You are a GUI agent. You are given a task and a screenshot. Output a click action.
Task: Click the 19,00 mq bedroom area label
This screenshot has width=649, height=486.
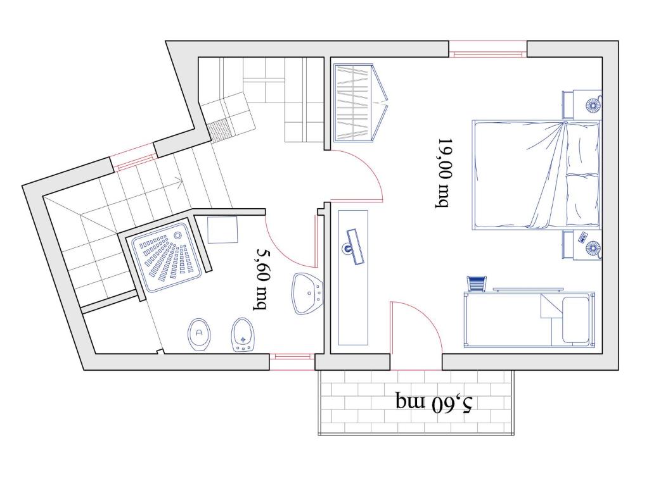(x=443, y=173)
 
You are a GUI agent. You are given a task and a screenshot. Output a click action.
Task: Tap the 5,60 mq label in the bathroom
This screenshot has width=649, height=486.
(x=261, y=279)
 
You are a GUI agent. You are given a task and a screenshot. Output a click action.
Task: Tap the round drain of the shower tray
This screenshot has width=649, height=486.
(x=178, y=235)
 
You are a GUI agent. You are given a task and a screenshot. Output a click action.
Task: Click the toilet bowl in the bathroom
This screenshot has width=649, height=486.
(x=199, y=335)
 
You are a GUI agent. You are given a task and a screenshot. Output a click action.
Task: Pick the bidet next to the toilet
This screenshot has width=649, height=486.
(x=242, y=334)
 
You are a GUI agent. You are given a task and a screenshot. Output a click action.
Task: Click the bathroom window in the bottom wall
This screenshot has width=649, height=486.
(x=292, y=361)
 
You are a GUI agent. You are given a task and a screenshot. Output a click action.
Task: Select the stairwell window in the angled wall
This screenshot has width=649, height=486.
(x=135, y=158)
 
